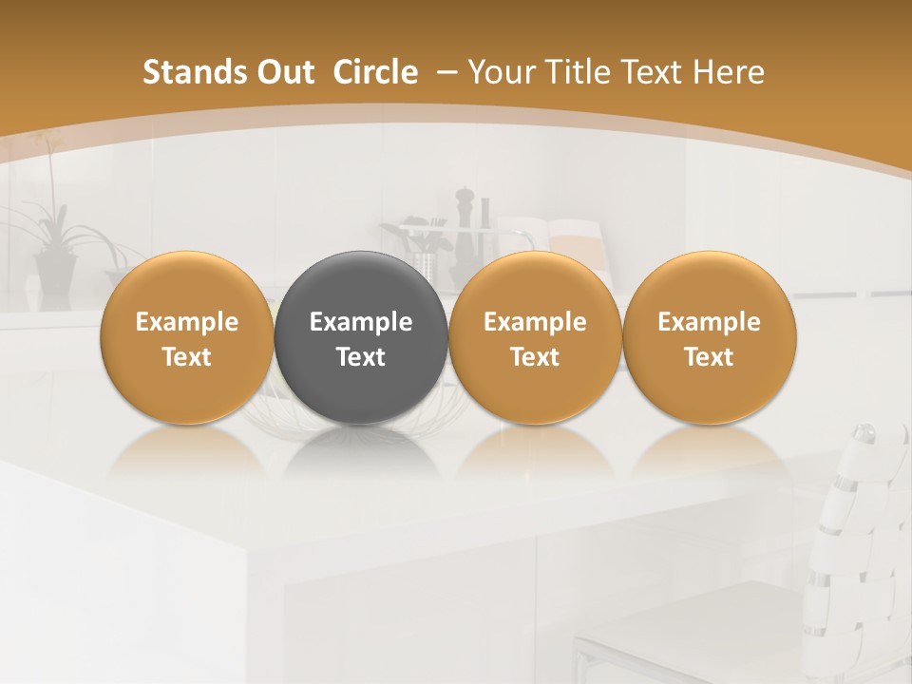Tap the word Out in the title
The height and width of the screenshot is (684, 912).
(283, 72)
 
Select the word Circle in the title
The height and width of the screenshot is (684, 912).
(375, 72)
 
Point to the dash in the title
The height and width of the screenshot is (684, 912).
(444, 73)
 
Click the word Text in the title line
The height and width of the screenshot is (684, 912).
(652, 72)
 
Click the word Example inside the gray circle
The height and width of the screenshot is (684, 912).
(360, 322)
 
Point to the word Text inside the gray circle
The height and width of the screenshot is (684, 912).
(360, 357)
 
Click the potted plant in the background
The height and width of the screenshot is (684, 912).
(52, 247)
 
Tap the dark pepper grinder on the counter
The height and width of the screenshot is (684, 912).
(465, 228)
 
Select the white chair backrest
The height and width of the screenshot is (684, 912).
(860, 532)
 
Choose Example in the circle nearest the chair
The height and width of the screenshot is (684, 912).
(709, 322)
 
